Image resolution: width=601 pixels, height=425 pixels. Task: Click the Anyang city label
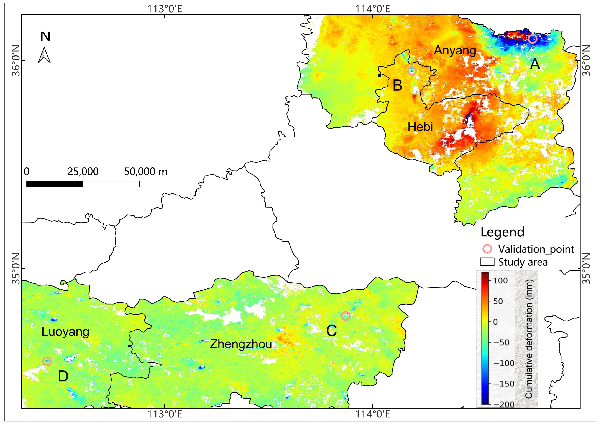455,50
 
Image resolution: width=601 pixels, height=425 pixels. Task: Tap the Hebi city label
420,127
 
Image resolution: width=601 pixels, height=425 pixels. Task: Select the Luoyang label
65,332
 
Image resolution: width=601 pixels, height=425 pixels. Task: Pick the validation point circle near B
412,71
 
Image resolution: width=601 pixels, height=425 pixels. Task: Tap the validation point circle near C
346,316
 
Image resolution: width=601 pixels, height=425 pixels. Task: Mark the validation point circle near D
47,361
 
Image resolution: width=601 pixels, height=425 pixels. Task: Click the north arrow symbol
44,55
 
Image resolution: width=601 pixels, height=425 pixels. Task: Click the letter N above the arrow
45,36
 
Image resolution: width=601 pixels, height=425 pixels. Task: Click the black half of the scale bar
55,184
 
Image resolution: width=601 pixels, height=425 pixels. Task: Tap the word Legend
502,232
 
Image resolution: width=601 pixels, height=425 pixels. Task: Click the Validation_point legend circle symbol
487,249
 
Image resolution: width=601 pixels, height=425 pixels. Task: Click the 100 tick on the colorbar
500,280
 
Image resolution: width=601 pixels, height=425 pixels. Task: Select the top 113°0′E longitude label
165,9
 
